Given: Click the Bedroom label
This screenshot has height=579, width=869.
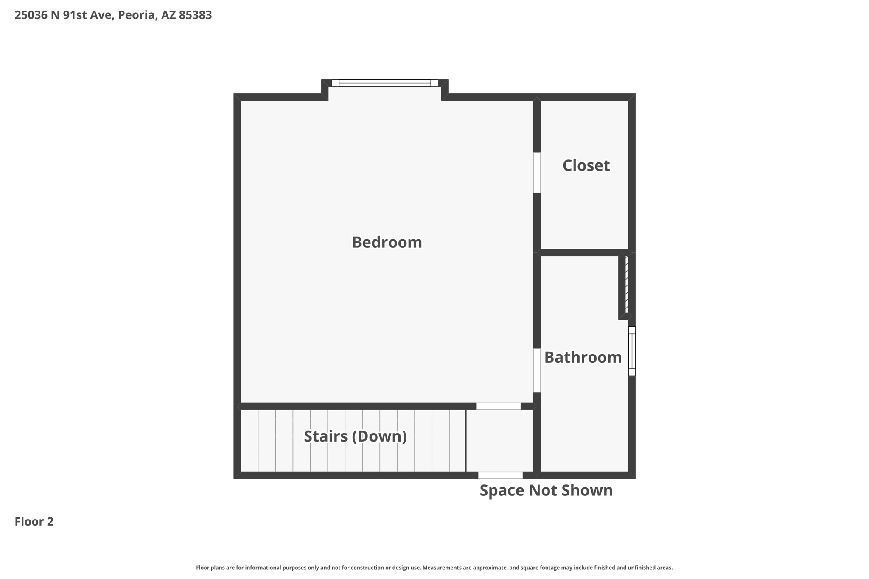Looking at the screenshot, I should click(x=387, y=242).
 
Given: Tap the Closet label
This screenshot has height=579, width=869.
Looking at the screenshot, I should click(x=586, y=165).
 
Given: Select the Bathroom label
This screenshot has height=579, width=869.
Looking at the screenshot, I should click(x=583, y=357).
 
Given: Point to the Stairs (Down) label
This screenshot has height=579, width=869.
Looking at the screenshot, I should click(x=355, y=436).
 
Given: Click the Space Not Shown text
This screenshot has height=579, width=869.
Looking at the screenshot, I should click(x=546, y=490).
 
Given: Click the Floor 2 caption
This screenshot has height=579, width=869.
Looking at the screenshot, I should click(x=34, y=521).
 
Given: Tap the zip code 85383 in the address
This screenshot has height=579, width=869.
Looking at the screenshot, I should click(x=195, y=15).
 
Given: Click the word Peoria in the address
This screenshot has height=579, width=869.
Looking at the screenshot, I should click(x=136, y=15).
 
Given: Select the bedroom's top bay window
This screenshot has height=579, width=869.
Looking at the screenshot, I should click(x=384, y=83).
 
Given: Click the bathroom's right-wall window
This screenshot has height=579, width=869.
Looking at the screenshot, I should click(x=632, y=351).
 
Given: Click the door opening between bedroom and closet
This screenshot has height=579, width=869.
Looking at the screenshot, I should click(x=537, y=173).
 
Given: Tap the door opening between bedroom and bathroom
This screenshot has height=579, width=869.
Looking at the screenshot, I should click(x=537, y=370).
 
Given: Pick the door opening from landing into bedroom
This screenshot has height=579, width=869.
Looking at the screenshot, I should click(x=498, y=406).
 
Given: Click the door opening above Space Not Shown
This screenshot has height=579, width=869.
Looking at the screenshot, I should click(x=500, y=475).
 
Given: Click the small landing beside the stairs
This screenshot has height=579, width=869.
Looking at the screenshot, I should click(x=499, y=440).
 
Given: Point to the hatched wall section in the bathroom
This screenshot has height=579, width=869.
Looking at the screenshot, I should click(x=627, y=284).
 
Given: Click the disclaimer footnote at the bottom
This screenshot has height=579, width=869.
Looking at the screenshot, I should click(x=434, y=568).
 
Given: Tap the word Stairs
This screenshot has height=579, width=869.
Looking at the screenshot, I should click(x=325, y=436).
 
